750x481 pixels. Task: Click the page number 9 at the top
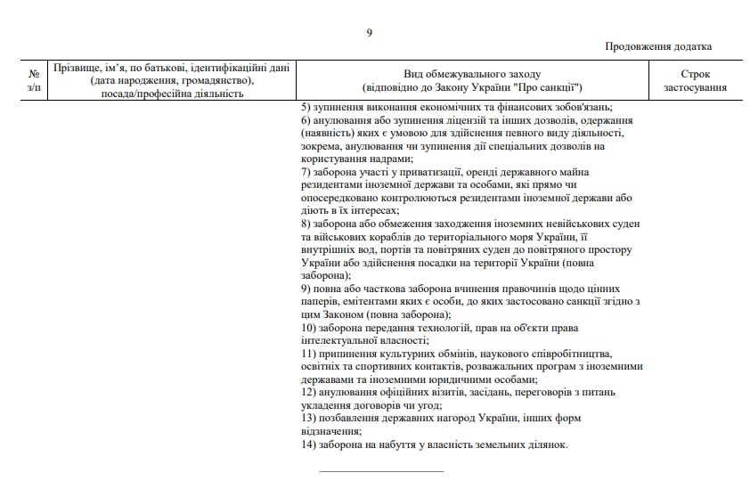coord(369,33)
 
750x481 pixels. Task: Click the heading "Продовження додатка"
coord(658,46)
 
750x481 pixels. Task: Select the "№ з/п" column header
coord(34,80)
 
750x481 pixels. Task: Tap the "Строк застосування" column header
coord(695,80)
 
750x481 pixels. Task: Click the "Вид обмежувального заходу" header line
coord(472,74)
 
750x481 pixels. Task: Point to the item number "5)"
coord(306,108)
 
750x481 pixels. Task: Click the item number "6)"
coord(306,120)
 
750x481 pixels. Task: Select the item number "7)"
coord(306,171)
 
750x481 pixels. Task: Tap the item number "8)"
coord(306,222)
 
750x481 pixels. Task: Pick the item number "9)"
coord(306,289)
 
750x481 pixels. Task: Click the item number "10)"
coord(308,328)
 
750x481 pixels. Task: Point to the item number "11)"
coord(308,354)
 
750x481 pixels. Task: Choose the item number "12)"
coord(308,392)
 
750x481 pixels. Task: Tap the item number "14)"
coord(308,444)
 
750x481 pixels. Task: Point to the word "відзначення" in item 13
coord(330,430)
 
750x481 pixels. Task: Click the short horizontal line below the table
coord(380,470)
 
